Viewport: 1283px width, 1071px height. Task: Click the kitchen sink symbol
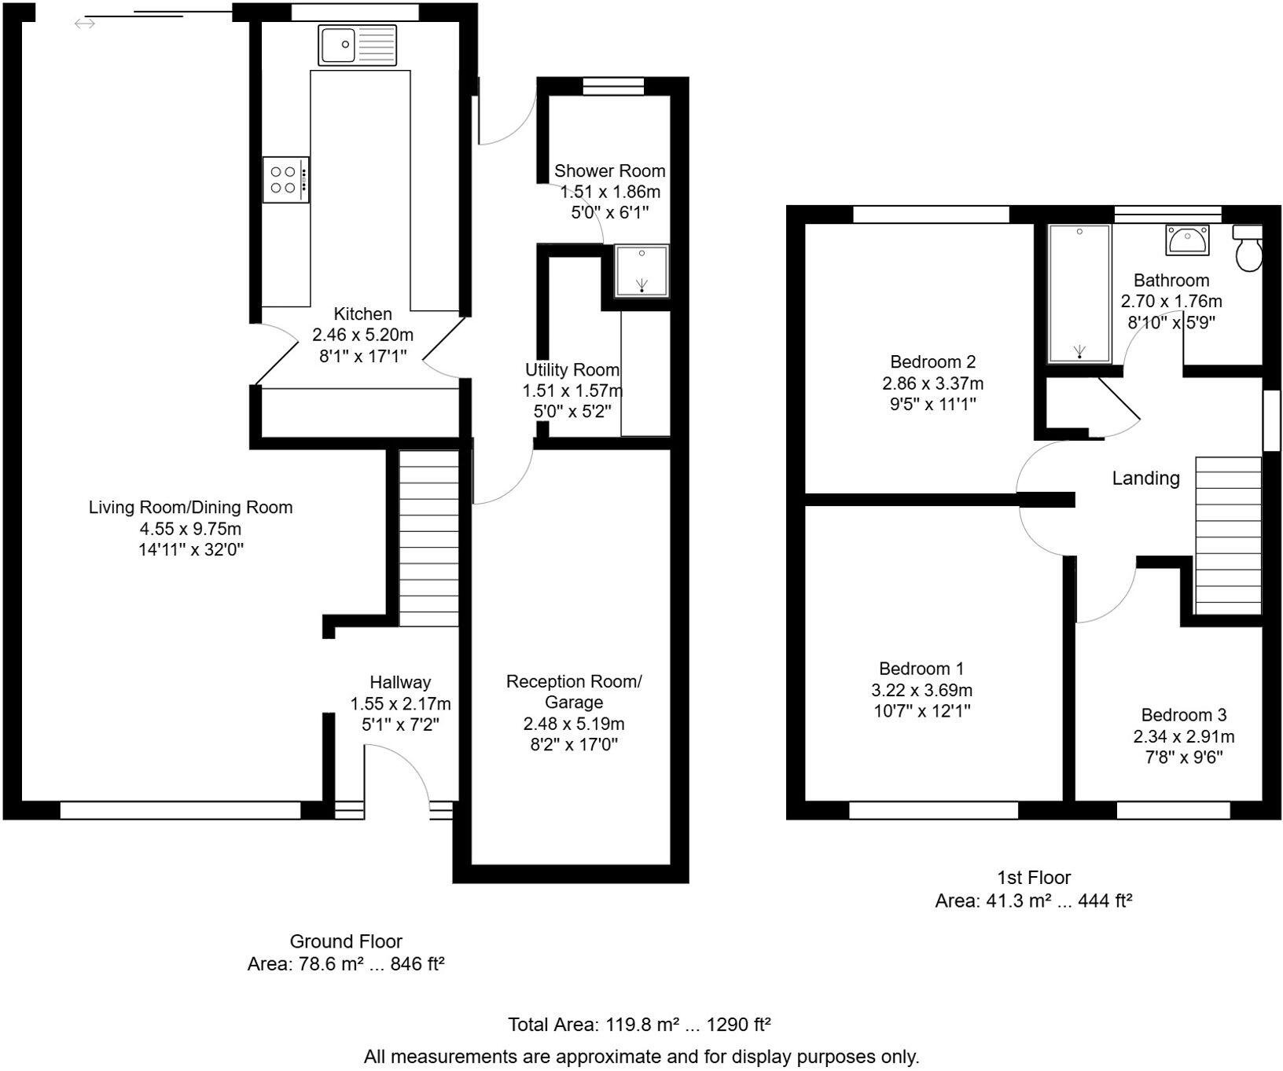[x=358, y=45]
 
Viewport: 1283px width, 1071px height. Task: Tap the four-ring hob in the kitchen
[x=285, y=180]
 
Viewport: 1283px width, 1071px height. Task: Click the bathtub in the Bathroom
[x=1080, y=293]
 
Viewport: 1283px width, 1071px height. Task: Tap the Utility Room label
[x=572, y=369]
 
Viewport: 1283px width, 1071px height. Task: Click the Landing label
[x=1145, y=478]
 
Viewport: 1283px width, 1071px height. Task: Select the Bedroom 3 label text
[x=1183, y=715]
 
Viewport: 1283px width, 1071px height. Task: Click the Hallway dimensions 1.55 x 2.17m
[x=400, y=703]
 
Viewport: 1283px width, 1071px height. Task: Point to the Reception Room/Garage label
[x=573, y=691]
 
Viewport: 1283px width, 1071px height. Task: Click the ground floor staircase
[x=428, y=538]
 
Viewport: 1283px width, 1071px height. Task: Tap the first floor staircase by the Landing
[x=1228, y=535]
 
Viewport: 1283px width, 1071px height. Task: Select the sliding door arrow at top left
[x=85, y=24]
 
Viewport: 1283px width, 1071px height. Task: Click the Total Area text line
[x=638, y=1025]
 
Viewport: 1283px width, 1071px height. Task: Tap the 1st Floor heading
[x=1033, y=878]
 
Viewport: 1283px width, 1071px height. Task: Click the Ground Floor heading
[x=346, y=941]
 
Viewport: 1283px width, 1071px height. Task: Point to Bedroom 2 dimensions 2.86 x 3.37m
[x=932, y=383]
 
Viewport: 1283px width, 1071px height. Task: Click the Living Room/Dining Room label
[x=190, y=508]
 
